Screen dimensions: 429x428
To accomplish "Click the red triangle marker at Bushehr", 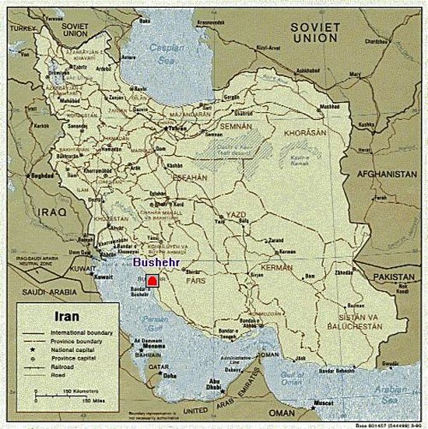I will tap(153, 281).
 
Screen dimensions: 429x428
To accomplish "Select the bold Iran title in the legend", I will tap(68, 318).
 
